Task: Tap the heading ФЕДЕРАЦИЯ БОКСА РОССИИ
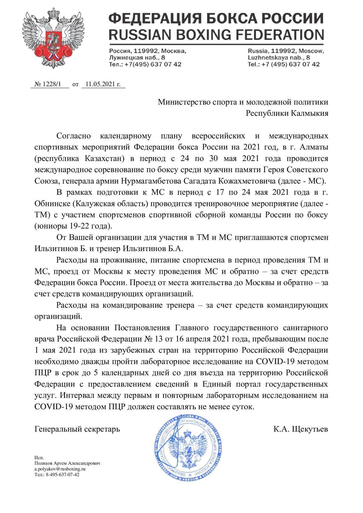pos(216,19)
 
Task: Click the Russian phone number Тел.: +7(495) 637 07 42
pos(145,64)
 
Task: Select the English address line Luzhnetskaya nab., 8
pos(279,57)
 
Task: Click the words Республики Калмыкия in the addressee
pos(287,113)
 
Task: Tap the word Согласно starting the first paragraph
pos(74,136)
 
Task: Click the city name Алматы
pos(315,147)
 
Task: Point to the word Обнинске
pos(52,204)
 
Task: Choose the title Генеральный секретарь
pos(77,429)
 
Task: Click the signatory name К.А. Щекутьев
pos(301,429)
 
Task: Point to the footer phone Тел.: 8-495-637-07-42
pos(57,475)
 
